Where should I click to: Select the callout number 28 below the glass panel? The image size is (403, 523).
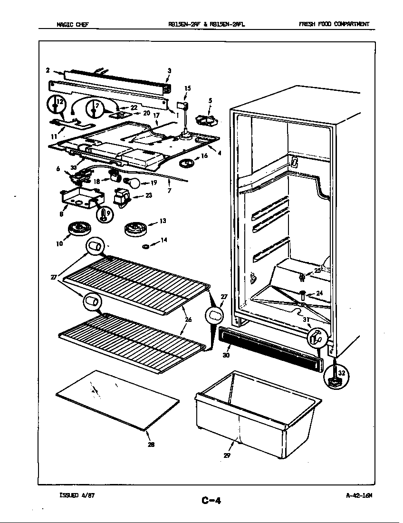coord(151,445)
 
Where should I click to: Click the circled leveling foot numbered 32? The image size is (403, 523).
coord(336,375)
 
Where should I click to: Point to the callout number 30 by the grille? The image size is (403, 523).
coord(226,355)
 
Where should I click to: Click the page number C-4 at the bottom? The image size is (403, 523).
coord(211,500)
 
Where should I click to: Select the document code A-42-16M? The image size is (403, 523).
coord(359,495)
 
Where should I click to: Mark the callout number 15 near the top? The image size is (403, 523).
coord(187,88)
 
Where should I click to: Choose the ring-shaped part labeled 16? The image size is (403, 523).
coord(187,164)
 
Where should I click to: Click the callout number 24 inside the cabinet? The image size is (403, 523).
coord(319,293)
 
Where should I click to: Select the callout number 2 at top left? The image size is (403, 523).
coord(48,70)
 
